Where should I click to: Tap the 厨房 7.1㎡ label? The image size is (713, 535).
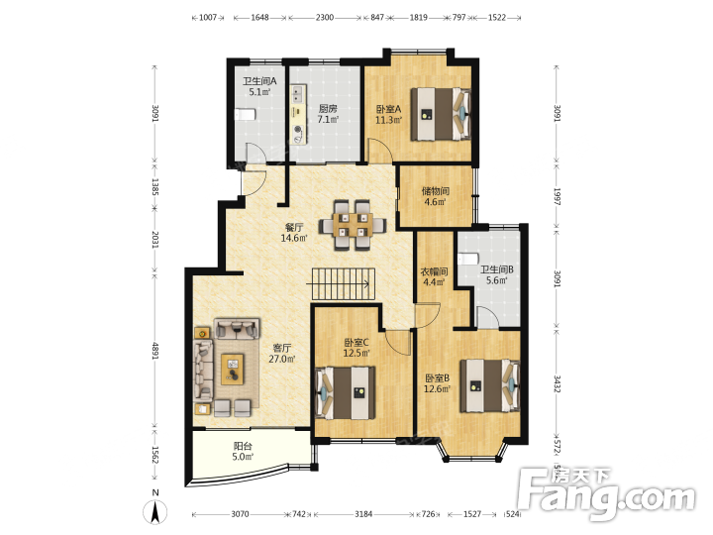328,114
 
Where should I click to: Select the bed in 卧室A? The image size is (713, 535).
441,114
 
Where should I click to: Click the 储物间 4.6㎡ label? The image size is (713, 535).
435,196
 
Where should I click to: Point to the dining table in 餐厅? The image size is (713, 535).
353,225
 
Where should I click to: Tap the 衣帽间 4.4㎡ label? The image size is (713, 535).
434,276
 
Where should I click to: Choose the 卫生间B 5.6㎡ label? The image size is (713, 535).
496,274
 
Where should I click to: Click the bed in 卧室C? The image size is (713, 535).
346,392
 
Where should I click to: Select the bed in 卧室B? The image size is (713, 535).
490,385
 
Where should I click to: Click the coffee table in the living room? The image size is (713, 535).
233,369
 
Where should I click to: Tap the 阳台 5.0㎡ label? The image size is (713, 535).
243,452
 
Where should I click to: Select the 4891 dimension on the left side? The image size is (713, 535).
155,351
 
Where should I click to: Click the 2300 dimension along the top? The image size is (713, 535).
325,17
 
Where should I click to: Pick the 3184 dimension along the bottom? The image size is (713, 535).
363,514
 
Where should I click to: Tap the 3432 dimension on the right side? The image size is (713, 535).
558,383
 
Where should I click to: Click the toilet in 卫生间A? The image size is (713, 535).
246,114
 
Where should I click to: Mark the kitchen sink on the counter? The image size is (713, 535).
297,94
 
